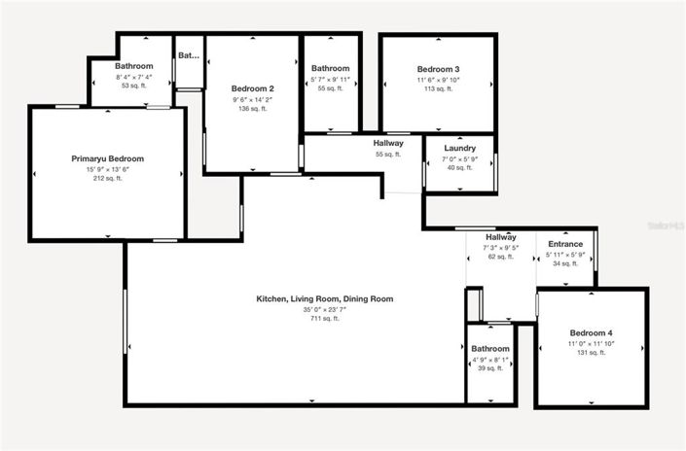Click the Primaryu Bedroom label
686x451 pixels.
tap(107, 158)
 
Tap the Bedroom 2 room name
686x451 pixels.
tap(252, 88)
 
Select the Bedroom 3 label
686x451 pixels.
tap(438, 69)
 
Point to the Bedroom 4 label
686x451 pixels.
tap(591, 333)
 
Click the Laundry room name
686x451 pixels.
tap(458, 149)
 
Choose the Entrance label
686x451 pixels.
tap(565, 244)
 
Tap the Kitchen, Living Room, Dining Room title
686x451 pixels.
tap(324, 298)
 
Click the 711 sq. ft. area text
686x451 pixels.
tap(324, 318)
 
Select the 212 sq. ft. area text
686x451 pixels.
tap(107, 178)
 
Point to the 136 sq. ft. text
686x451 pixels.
tap(252, 108)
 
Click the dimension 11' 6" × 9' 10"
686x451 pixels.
tap(438, 79)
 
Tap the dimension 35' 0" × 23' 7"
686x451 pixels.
tap(324, 308)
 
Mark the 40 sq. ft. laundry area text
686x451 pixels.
tap(458, 167)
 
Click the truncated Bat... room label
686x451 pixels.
tap(188, 55)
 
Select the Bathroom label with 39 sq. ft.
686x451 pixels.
tap(490, 349)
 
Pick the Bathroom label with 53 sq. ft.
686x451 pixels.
tap(134, 67)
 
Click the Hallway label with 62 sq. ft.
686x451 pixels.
tap(500, 237)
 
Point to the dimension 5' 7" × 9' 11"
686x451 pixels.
tap(330, 79)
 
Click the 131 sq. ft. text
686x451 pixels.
tap(591, 353)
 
